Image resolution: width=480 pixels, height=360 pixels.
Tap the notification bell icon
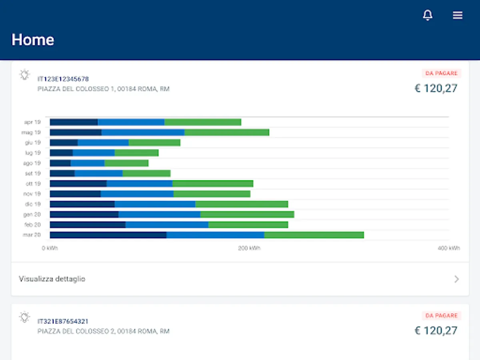coord(428,15)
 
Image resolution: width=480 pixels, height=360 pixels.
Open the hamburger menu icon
coord(458,15)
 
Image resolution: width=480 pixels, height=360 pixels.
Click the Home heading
coord(33,40)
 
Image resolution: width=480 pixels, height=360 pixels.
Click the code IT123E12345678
coord(63,79)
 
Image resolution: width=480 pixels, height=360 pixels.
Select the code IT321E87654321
coord(63,321)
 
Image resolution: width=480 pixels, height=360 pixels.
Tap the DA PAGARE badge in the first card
coord(442,73)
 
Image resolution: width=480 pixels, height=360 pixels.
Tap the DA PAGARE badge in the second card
coord(442,316)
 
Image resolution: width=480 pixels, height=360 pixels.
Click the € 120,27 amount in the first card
coord(436,88)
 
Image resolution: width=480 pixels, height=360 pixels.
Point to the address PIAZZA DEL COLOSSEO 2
coord(104,331)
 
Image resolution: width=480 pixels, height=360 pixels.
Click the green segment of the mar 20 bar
coord(314,235)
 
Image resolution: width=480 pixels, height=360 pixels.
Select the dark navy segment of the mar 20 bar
coord(108,235)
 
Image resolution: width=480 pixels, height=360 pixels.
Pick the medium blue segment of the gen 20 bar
coord(159,214)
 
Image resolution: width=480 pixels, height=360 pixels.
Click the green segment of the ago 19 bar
coord(126,163)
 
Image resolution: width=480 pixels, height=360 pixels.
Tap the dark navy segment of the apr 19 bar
coord(74,122)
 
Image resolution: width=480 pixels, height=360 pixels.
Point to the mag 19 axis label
coord(31,132)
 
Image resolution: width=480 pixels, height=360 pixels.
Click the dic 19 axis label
coord(32,204)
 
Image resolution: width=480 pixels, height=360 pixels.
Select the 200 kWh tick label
coord(249,248)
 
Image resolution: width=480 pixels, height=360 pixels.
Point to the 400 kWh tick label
coord(449,248)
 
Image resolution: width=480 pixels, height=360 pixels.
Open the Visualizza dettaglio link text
coord(52,279)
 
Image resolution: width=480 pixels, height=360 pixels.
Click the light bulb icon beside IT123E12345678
coord(25,75)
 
